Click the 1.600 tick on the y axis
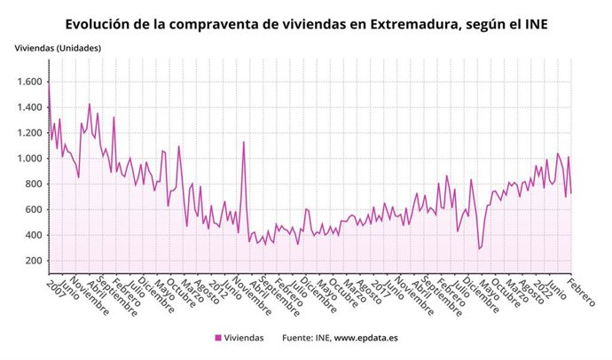pos(27,82)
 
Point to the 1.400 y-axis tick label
pos(27,107)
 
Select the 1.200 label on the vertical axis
pos(27,133)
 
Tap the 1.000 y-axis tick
pos(27,159)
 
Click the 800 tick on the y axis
pos(33,184)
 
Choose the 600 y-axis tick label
pos(33,209)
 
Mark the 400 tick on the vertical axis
pos(33,235)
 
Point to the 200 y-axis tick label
pos(33,261)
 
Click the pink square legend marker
pos(218,338)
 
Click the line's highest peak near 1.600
pos(50,82)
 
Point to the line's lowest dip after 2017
pos(479,249)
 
